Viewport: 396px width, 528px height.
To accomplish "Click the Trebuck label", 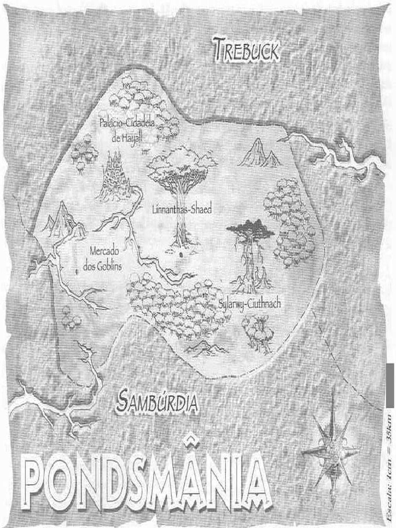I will [246, 51].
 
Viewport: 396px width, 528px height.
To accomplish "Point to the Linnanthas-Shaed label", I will [182, 209].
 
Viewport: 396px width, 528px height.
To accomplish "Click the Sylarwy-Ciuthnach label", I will [250, 304].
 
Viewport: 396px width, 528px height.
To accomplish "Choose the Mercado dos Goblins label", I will [102, 259].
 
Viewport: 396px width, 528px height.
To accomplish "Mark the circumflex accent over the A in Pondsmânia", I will [191, 439].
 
